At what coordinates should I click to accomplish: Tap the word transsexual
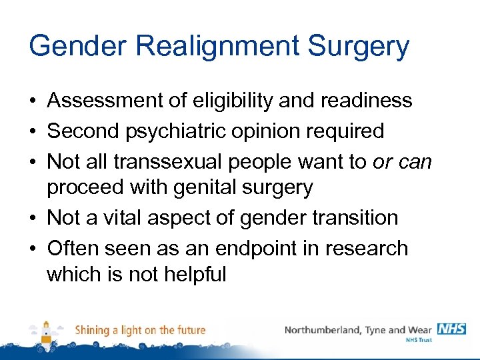161,162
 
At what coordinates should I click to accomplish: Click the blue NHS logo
451,329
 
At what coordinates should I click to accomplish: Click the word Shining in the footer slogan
93,330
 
